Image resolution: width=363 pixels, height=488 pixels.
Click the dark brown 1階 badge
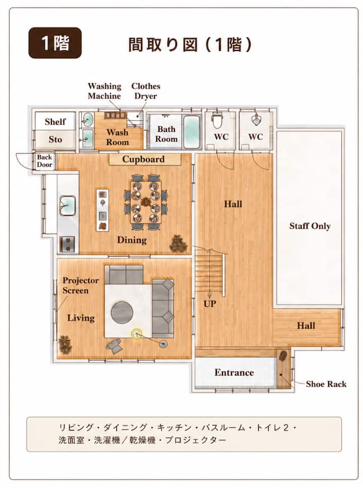pos(55,43)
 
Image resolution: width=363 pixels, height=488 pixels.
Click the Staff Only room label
pos(310,226)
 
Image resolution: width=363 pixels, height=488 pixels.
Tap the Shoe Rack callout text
pos(326,384)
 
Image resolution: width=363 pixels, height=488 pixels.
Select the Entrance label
pos(234,373)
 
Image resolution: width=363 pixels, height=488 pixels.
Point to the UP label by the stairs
pos(210,304)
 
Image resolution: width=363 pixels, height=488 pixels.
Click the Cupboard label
pos(143,159)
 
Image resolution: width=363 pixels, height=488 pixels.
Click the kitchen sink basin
pos(67,205)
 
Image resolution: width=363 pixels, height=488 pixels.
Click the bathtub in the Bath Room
pos(191,132)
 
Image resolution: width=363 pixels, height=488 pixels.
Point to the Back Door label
pos(44,161)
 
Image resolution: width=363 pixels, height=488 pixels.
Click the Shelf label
pos(55,121)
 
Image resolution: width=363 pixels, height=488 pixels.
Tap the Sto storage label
pos(55,139)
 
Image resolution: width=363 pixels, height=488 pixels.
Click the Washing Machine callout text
pos(104,91)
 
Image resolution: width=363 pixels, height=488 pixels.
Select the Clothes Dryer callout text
pos(146,91)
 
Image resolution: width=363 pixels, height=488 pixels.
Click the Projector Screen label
pos(80,285)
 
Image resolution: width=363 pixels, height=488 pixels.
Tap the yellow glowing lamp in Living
pos(136,334)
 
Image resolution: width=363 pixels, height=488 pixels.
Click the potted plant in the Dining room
pos(178,243)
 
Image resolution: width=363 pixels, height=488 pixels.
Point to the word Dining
pos(132,240)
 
